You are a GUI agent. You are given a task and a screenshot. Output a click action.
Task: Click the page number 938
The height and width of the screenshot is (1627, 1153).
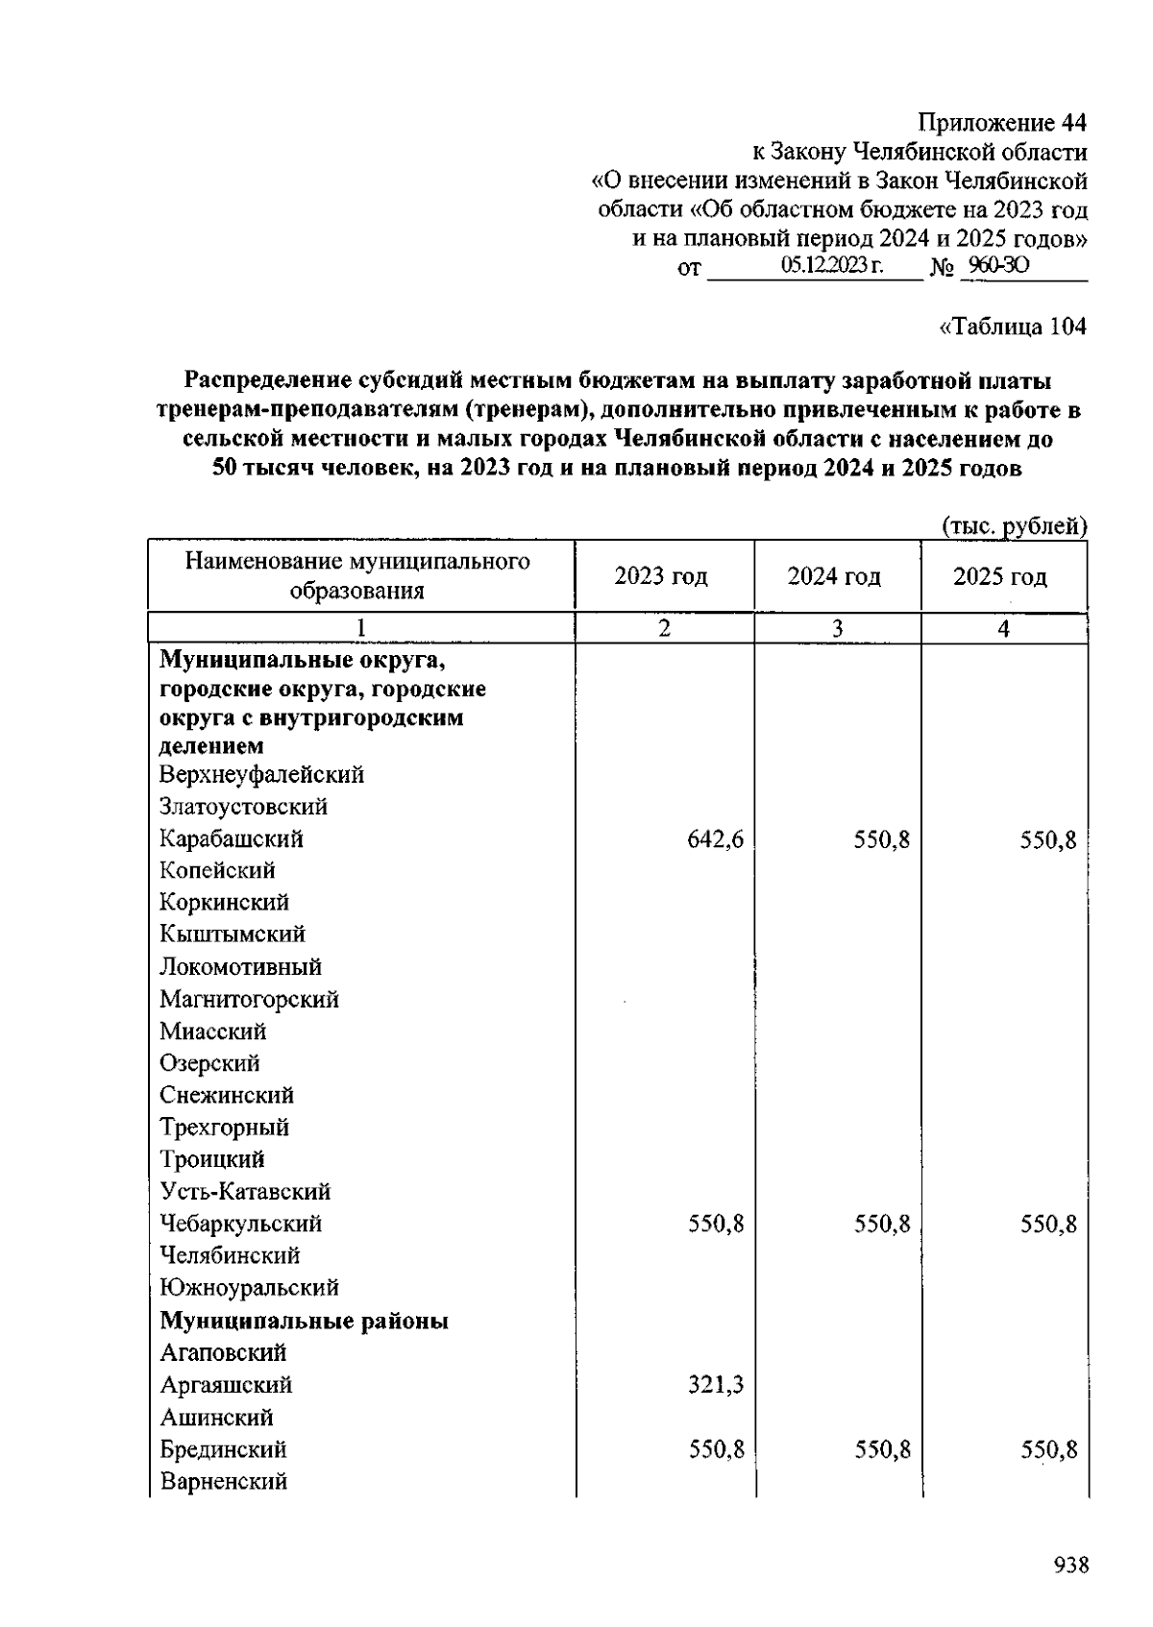click(1070, 1565)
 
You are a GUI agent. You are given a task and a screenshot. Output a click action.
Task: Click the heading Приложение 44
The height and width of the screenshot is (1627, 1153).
click(1002, 124)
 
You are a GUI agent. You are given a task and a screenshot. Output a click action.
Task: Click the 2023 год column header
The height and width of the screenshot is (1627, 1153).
click(661, 576)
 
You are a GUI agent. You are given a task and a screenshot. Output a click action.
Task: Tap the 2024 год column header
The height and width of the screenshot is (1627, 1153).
click(834, 576)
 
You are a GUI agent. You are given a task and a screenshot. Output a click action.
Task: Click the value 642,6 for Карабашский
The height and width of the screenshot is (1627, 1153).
click(716, 840)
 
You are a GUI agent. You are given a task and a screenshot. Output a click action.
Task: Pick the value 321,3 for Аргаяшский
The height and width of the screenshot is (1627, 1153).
click(716, 1385)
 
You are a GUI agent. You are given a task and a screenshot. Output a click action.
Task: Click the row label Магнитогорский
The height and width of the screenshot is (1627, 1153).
click(249, 999)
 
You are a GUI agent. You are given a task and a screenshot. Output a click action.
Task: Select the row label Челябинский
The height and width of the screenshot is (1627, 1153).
click(230, 1255)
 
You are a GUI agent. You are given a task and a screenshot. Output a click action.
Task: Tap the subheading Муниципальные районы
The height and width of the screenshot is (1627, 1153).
click(304, 1321)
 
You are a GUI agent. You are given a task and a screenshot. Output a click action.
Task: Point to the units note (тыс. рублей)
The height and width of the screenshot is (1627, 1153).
click(1015, 525)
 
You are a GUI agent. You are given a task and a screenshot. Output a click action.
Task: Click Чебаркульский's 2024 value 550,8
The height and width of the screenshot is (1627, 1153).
click(882, 1225)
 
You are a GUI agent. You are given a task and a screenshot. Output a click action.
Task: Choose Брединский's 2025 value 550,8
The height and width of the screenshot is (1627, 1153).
click(1048, 1449)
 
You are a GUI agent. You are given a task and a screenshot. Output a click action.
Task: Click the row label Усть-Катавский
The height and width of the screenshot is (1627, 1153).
click(245, 1192)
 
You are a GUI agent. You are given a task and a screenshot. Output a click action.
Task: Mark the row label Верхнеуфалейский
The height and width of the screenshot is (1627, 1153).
click(261, 774)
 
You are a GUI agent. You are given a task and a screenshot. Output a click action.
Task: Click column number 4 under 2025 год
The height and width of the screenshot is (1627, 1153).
click(1003, 628)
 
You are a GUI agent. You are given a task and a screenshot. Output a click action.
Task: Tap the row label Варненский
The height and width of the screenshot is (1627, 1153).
click(223, 1481)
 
